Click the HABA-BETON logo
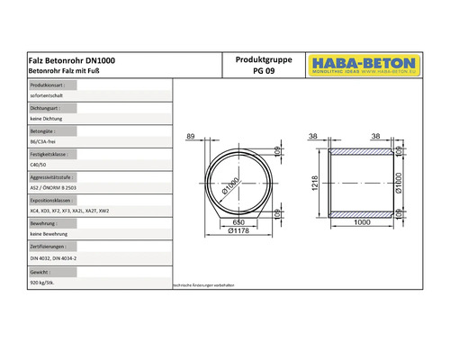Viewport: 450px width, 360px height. (x=361, y=64)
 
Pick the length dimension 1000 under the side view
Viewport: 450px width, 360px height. (x=363, y=221)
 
